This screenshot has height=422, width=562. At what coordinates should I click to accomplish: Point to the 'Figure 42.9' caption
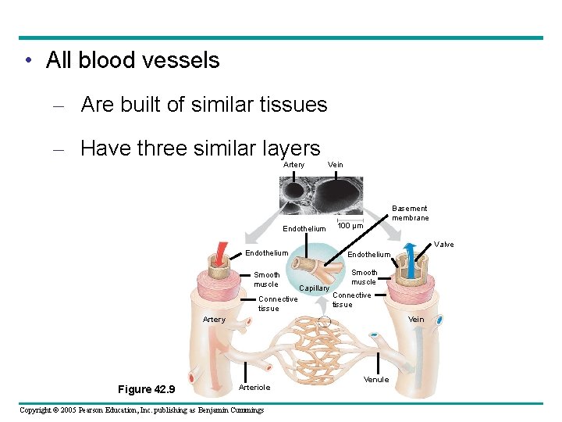click(x=146, y=390)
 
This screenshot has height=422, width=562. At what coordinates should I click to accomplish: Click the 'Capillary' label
click(x=315, y=288)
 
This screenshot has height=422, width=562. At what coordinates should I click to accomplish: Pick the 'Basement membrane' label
click(x=410, y=213)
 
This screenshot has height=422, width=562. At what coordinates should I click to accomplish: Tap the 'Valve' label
click(x=443, y=245)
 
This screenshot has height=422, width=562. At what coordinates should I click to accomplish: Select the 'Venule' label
click(x=376, y=380)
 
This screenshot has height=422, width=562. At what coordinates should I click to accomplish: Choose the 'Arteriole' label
click(x=254, y=388)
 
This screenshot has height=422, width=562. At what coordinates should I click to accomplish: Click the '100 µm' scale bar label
click(x=350, y=227)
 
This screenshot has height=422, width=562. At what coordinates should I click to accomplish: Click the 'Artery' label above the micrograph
click(x=294, y=165)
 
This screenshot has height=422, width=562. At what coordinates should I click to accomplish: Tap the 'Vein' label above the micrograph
click(x=336, y=165)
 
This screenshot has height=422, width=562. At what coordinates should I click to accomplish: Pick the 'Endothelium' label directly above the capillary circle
click(x=304, y=229)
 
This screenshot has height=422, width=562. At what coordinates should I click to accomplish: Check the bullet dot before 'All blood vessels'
click(x=27, y=61)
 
